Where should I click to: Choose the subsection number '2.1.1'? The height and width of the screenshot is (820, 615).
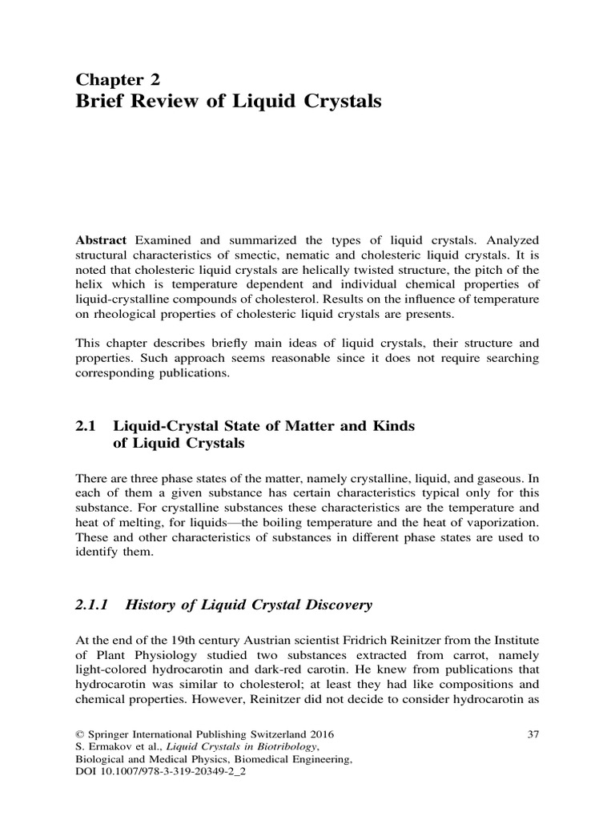(94, 605)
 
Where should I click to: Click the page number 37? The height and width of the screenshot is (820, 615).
(531, 734)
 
